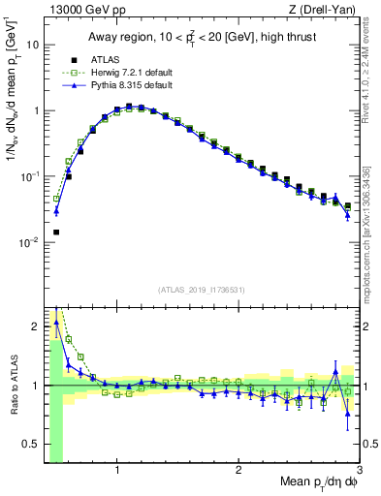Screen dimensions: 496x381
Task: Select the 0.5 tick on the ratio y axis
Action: pos(32,444)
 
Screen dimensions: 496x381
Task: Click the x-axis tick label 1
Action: pos(117,470)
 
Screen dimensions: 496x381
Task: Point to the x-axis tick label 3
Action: pos(359,470)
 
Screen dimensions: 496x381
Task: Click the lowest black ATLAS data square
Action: pos(56,232)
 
